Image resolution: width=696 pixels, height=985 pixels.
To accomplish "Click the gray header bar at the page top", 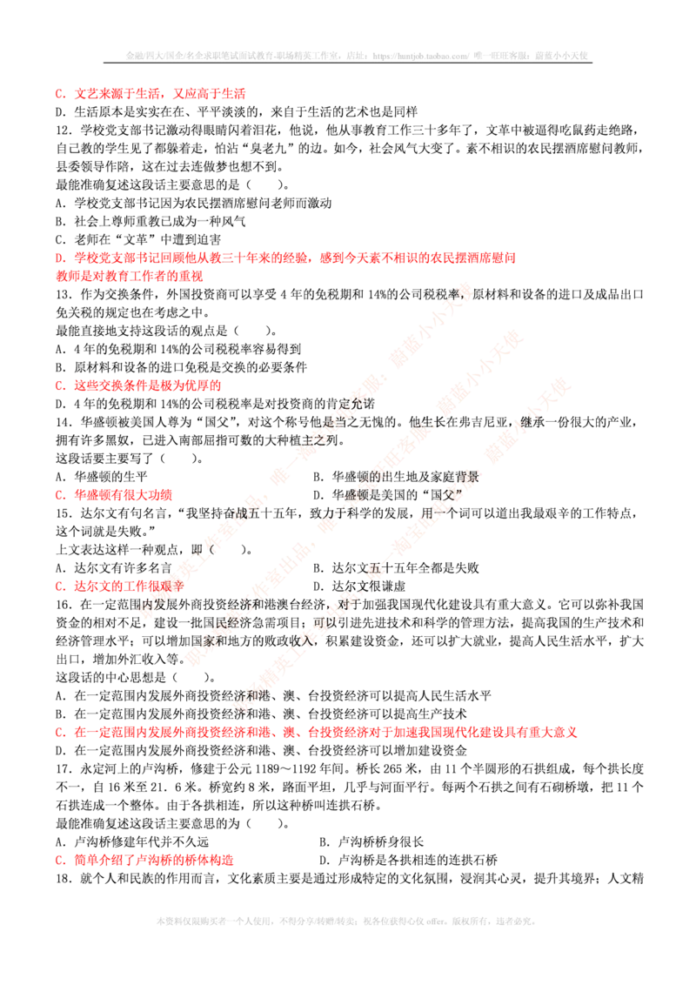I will coord(358,56).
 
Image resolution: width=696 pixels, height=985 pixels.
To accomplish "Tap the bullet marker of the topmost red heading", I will coord(58,94).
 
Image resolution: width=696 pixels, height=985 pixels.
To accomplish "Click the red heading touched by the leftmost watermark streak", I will coord(122,586).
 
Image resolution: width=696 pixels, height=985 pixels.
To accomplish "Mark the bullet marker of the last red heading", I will coord(58,861).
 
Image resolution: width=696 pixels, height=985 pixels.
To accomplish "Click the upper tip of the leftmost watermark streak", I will coord(467,286).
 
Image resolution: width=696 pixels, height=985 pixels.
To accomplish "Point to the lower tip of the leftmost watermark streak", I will coord(145,613).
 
